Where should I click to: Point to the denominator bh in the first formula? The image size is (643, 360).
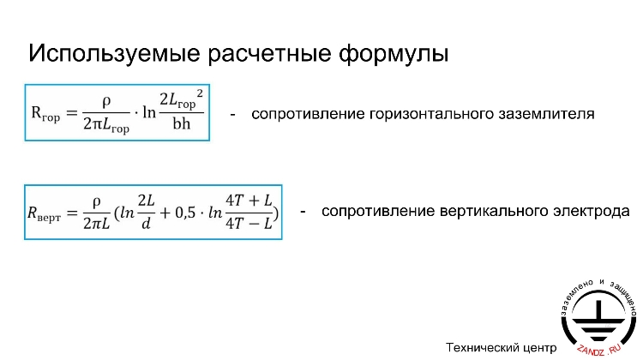[181, 125]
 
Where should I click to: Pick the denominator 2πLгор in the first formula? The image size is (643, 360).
[107, 127]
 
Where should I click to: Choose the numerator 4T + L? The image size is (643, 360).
[249, 201]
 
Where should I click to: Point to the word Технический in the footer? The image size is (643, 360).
[482, 347]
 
